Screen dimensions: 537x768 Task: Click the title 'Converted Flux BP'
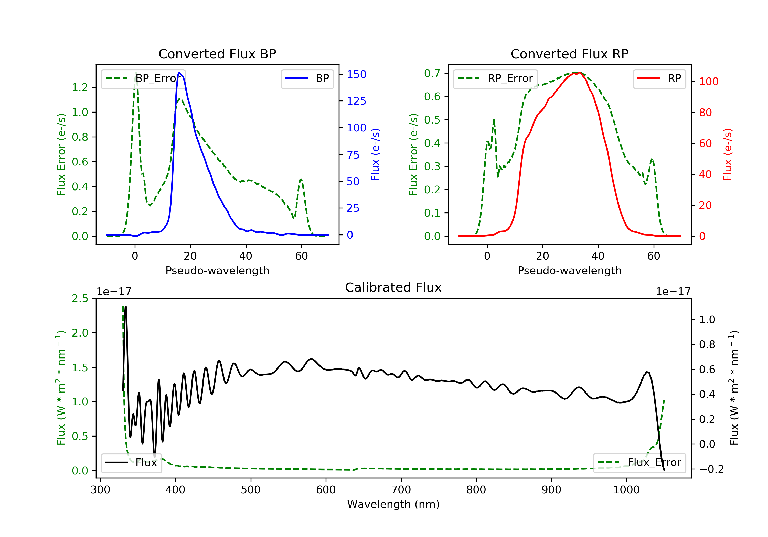(217, 54)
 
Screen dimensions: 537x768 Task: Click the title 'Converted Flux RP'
(569, 54)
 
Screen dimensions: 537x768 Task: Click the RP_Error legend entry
(495, 79)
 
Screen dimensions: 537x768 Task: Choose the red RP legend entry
(659, 79)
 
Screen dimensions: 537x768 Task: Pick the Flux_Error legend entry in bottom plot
(639, 463)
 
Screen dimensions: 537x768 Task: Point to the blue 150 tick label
(356, 74)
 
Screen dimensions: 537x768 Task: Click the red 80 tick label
(706, 112)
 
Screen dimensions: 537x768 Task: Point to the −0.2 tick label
(711, 469)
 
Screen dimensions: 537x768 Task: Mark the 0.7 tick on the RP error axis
(432, 73)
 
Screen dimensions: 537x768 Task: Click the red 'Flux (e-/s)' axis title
(728, 154)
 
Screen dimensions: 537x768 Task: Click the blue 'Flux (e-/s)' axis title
(375, 154)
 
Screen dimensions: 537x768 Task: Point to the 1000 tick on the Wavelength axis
(626, 490)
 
